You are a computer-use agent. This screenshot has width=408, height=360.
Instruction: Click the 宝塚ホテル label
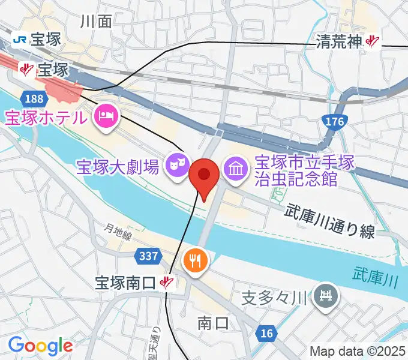(x=45, y=117)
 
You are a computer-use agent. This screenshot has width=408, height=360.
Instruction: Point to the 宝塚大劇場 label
(x=118, y=166)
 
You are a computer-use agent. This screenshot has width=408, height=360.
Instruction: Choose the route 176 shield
(x=335, y=122)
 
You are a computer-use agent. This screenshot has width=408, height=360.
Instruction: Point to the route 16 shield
(x=266, y=333)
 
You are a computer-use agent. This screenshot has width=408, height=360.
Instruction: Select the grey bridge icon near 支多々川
(x=327, y=295)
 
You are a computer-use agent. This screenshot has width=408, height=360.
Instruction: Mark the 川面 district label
(x=96, y=22)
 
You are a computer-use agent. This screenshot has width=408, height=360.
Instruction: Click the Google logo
(x=40, y=345)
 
